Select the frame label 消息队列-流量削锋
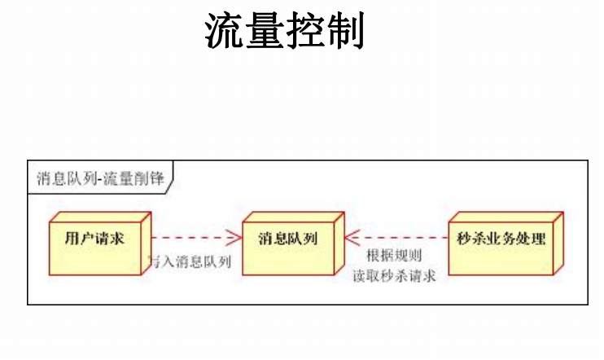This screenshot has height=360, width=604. [98, 178]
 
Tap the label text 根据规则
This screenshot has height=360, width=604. [394, 256]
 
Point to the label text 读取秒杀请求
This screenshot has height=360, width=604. [394, 275]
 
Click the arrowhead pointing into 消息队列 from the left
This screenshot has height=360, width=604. [236, 239]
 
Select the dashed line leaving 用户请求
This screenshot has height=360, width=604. [187, 239]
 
